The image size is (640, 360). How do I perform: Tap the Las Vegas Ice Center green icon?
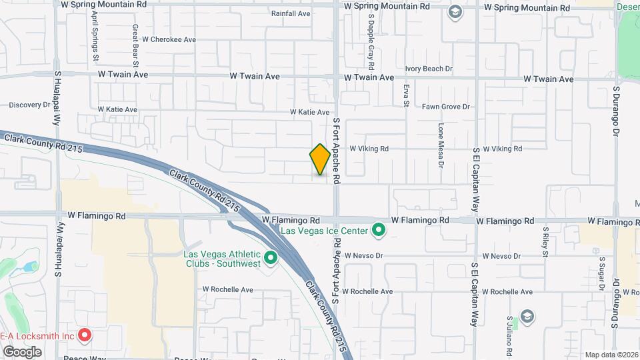[x=379, y=231]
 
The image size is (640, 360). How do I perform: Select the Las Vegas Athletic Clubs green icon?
[x=271, y=257]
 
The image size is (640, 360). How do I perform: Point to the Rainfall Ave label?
[x=291, y=13]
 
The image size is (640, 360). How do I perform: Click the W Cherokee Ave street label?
[x=165, y=39]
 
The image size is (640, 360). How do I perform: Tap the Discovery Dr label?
[x=30, y=105]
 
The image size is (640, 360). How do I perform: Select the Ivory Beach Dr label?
[x=429, y=69]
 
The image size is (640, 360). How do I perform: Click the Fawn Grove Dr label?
[x=446, y=107]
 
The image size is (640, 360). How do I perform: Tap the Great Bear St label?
[x=135, y=45]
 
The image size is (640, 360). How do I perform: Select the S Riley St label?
[x=545, y=241]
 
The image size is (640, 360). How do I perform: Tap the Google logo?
[x=22, y=351]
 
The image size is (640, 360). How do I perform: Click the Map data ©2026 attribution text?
[x=611, y=355]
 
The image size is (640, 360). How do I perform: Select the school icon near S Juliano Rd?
[x=527, y=315]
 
